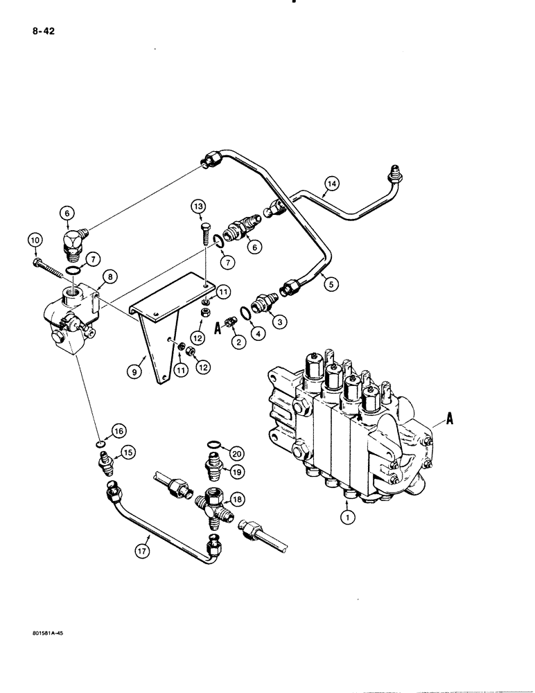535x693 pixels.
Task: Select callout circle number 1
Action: click(344, 515)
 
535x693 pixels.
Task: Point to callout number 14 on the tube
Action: click(332, 183)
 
